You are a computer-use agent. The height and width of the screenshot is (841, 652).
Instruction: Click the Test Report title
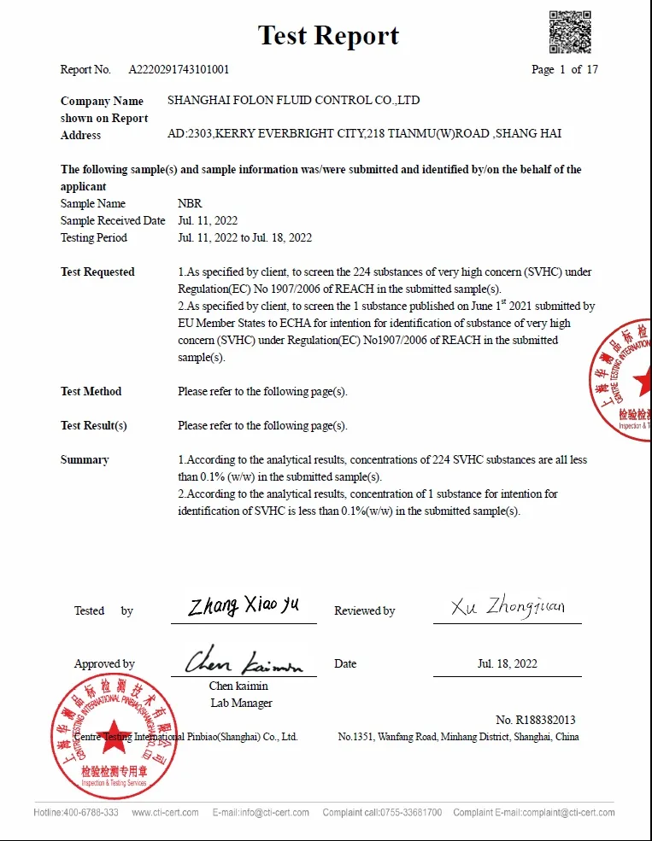click(328, 35)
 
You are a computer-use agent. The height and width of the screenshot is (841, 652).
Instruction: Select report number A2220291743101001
click(179, 69)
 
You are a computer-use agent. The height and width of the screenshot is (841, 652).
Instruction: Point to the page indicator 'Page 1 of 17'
click(565, 69)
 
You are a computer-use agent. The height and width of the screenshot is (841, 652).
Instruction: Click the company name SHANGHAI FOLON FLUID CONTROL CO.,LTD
click(293, 101)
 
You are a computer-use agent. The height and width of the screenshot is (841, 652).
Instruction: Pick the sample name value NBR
click(190, 203)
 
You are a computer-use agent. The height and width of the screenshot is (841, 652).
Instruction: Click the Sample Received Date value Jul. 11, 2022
click(208, 220)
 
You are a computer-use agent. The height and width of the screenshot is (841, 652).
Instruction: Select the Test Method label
click(91, 391)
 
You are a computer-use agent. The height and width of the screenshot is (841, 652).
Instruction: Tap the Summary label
click(85, 459)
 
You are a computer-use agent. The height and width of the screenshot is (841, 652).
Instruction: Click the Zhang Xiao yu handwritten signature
click(244, 606)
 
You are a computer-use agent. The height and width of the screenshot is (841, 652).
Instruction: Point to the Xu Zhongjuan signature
click(508, 607)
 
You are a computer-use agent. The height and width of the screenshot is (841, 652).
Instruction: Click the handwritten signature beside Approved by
click(244, 661)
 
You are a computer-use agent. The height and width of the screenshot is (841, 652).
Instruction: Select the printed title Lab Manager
click(241, 703)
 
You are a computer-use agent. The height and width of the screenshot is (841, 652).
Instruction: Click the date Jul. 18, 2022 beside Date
click(508, 663)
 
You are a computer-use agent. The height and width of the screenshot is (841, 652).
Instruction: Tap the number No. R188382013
click(535, 720)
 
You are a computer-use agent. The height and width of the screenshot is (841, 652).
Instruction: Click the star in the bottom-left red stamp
click(113, 741)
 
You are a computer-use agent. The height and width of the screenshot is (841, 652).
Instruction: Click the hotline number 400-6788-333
click(91, 812)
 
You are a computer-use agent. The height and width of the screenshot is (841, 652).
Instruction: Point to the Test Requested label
click(97, 272)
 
